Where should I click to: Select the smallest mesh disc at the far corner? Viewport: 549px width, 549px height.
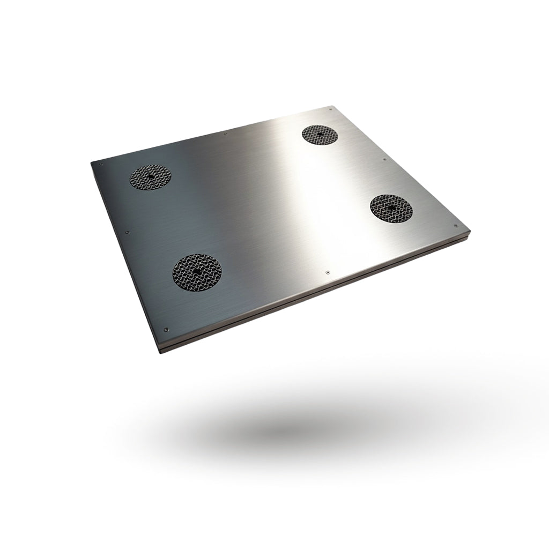[320, 134]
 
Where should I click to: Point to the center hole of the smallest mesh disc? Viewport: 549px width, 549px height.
[320, 134]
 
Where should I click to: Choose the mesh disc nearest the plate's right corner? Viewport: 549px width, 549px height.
[391, 206]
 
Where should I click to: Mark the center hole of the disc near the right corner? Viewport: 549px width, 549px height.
[391, 206]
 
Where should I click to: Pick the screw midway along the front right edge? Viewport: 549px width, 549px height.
[327, 272]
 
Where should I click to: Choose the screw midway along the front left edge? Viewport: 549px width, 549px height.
[127, 233]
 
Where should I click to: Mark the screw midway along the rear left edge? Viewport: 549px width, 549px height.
[226, 134]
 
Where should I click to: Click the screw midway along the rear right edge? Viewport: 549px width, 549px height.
[384, 159]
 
